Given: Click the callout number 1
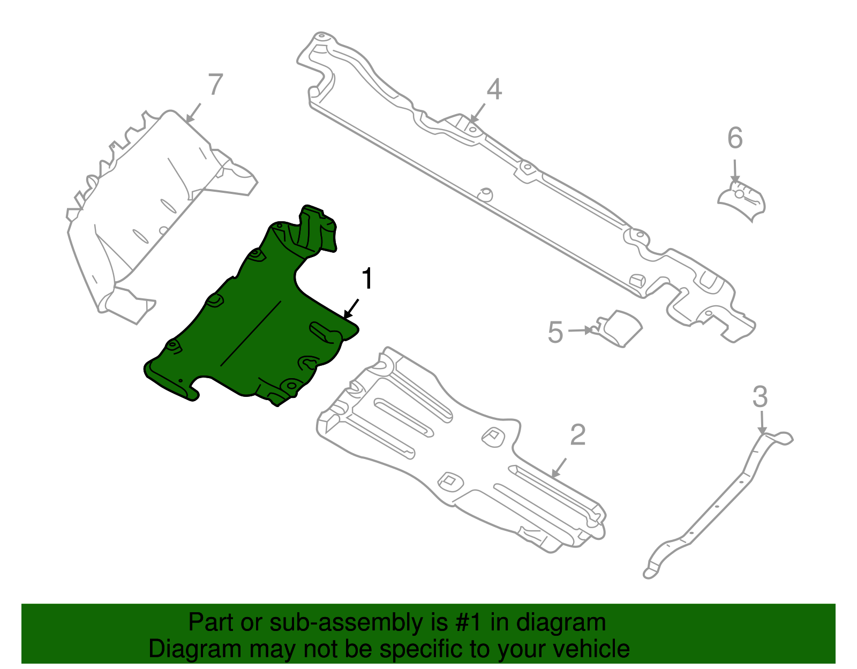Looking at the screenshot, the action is [x=367, y=279].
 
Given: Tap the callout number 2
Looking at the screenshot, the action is [x=578, y=435].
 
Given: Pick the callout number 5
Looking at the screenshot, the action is [x=555, y=332].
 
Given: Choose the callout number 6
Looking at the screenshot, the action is [x=735, y=138].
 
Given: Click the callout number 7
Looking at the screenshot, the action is [x=215, y=85].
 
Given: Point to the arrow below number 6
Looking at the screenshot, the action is [x=735, y=171].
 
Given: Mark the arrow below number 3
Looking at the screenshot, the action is [x=762, y=422].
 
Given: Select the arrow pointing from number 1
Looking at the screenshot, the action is [x=351, y=309].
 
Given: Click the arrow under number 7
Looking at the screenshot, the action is [x=193, y=113].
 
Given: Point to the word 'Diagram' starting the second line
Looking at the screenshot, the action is [x=195, y=649].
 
